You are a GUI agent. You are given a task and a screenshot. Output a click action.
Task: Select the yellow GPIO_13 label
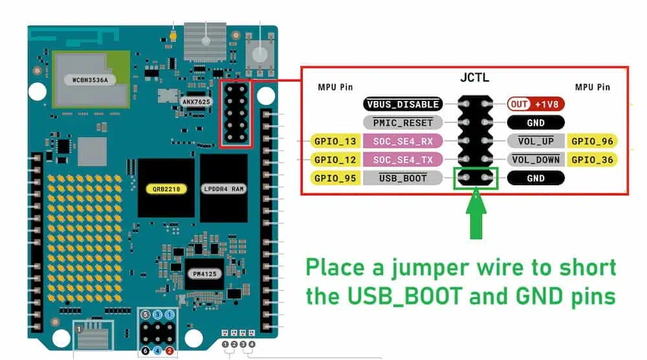point(334,141)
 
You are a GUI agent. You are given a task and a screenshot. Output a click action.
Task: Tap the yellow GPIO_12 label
point(334,159)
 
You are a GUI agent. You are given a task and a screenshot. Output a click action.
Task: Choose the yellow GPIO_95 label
point(334,177)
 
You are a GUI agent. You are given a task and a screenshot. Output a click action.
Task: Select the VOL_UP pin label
point(536,141)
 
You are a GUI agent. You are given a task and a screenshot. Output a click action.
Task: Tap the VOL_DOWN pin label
point(536,159)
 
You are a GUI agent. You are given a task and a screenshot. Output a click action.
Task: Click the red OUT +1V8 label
point(536,104)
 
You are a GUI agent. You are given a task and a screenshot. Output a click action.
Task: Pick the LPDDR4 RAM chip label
point(224,189)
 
